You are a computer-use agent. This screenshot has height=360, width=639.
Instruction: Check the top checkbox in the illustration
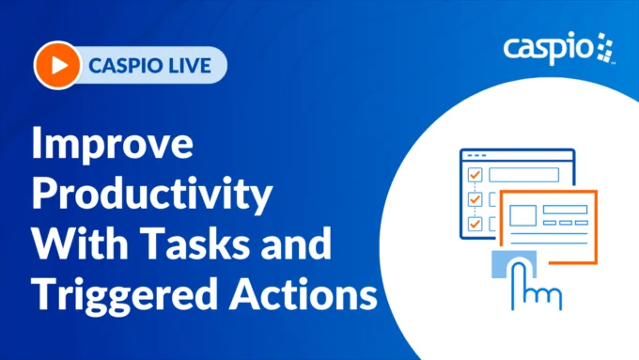click(x=475, y=175)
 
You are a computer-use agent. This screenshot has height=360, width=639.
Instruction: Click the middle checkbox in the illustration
click(x=475, y=199)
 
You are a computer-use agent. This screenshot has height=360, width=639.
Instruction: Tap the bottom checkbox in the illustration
click(x=475, y=224)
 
